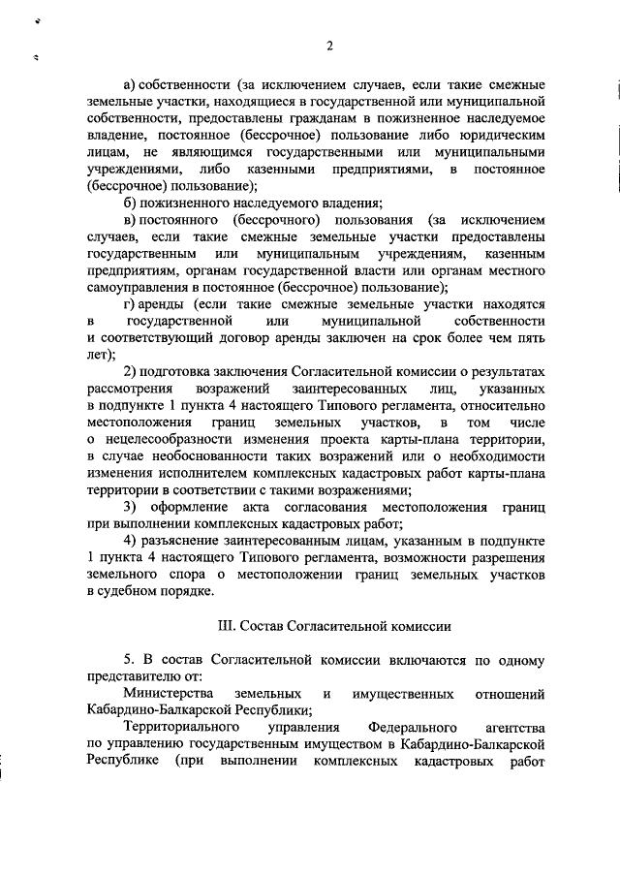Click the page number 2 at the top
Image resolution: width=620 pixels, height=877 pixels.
coord(329,47)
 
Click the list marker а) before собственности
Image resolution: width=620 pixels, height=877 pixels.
coord(131,84)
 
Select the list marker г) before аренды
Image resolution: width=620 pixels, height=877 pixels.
coord(131,304)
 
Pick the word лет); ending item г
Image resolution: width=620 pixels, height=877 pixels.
coord(100,355)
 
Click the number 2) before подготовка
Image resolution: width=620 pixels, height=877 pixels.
coord(132,372)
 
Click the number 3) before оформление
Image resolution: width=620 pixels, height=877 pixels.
coord(132,507)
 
